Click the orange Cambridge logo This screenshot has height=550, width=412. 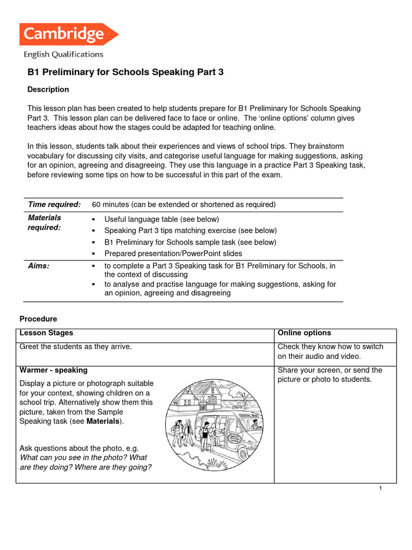pos(68,34)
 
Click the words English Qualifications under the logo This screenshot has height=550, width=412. pos(63,54)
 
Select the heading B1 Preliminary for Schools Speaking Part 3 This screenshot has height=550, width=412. pos(125,72)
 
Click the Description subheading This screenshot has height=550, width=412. pos(48,90)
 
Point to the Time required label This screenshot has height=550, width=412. pos(54,205)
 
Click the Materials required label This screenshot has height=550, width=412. pos(45,222)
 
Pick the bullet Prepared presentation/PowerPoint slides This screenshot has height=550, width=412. pos(173,254)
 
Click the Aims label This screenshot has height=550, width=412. pos(39,266)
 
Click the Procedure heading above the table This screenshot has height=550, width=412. pos(38,319)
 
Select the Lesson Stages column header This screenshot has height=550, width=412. pos(46,333)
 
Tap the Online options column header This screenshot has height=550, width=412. pos(304,333)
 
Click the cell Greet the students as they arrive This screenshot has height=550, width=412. pos(76,347)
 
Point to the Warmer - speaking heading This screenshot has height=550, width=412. pos(54,370)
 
